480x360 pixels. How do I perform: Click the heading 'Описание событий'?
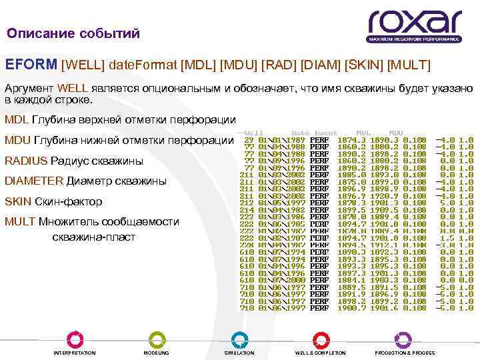[x=73, y=33]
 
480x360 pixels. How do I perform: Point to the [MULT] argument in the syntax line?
[x=409, y=65]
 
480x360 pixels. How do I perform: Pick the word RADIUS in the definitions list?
[x=26, y=161]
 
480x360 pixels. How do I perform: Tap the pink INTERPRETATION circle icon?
[x=75, y=338]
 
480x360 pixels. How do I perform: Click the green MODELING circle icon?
[x=156, y=338]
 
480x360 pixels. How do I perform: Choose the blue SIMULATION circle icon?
[x=239, y=338]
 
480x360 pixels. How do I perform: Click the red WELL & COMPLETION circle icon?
[x=320, y=338]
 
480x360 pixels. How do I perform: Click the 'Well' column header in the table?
[x=253, y=132]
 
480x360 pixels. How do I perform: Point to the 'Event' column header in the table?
[x=326, y=132]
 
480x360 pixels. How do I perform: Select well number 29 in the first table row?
[x=249, y=139]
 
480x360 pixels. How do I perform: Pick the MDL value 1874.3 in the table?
[x=352, y=139]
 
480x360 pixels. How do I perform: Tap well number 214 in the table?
[x=247, y=210]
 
